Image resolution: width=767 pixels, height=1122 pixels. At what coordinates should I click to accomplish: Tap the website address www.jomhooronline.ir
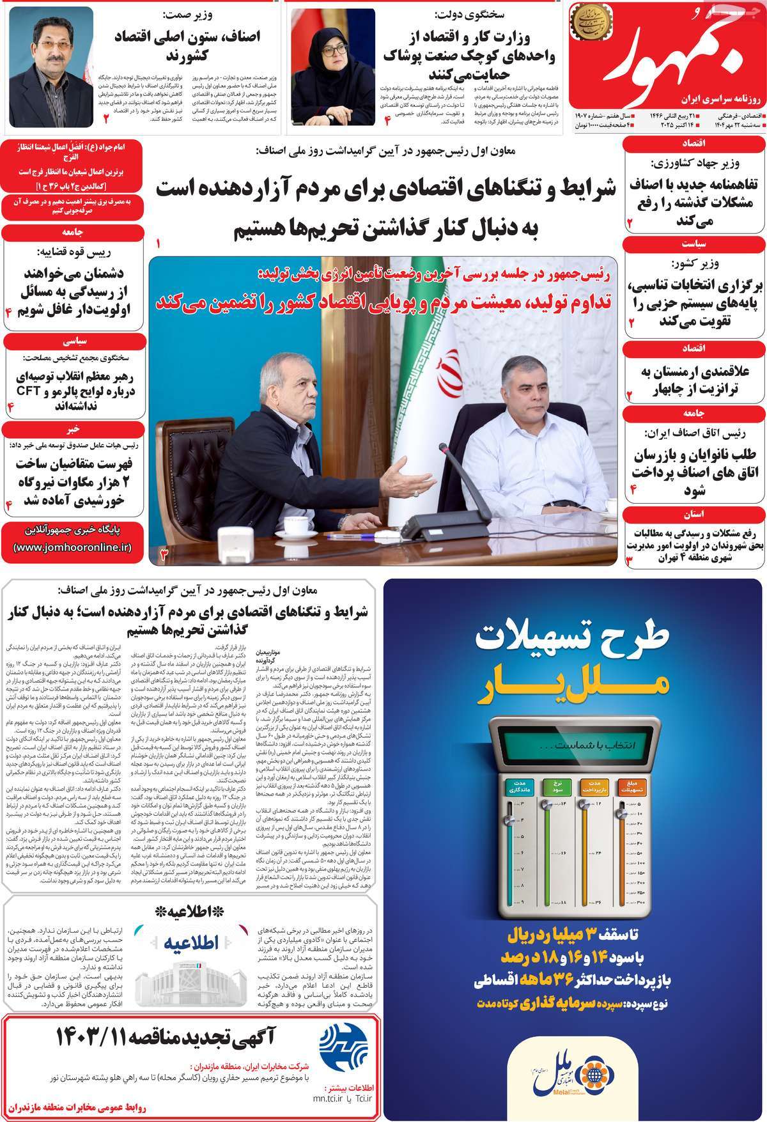(72, 548)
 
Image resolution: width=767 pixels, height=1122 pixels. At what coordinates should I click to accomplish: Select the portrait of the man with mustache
(52, 66)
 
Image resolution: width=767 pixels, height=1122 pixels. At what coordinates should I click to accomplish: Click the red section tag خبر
(72, 428)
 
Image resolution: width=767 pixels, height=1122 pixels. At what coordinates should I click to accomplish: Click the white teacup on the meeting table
(295, 526)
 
